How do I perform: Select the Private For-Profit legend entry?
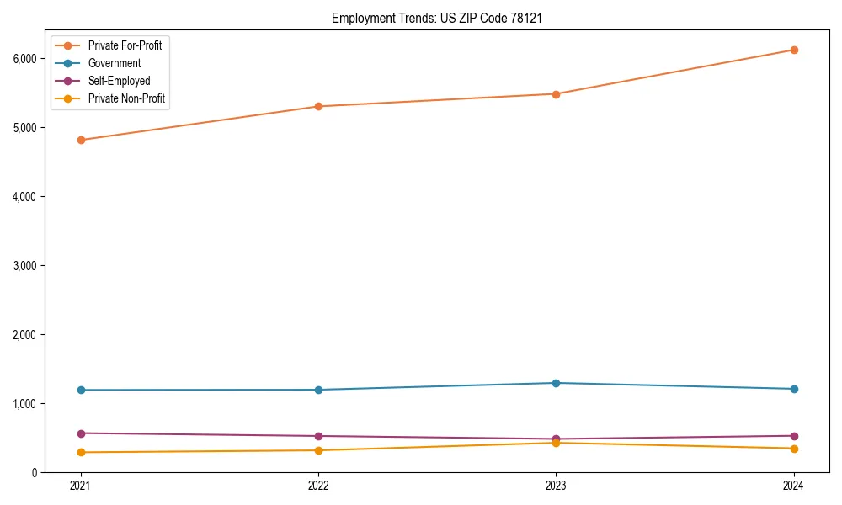[x=125, y=45]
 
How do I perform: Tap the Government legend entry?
[x=115, y=63]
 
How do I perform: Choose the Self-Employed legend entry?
[x=119, y=81]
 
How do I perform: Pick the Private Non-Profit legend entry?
[x=126, y=98]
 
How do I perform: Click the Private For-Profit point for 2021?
[x=81, y=140]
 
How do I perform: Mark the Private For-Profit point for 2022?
[x=318, y=106]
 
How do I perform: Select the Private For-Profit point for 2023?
[x=556, y=94]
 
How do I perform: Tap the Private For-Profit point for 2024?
[x=794, y=50]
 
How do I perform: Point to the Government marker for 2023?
[x=556, y=383]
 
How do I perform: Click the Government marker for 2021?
[x=81, y=390]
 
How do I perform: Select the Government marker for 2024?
[x=794, y=389]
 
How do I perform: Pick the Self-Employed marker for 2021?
[x=81, y=433]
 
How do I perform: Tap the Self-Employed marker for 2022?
[x=318, y=436]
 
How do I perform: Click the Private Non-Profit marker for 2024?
[x=794, y=449]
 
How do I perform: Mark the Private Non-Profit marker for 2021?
[x=81, y=452]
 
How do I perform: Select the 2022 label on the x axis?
[x=318, y=486]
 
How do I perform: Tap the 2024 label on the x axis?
[x=794, y=486]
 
